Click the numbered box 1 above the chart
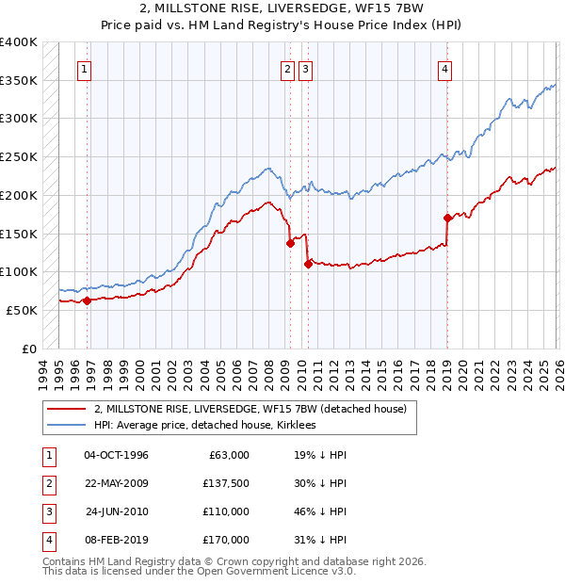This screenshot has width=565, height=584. pyautogui.click(x=85, y=68)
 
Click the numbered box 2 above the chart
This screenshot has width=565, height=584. pyautogui.click(x=286, y=68)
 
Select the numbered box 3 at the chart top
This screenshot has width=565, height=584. pyautogui.click(x=306, y=68)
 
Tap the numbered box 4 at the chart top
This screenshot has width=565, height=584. pyautogui.click(x=444, y=68)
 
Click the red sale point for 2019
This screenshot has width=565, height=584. pyautogui.click(x=446, y=218)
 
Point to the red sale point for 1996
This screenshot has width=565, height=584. pyautogui.click(x=87, y=300)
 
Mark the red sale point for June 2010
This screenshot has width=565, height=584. pyautogui.click(x=308, y=264)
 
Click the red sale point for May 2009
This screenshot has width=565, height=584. pyautogui.click(x=290, y=243)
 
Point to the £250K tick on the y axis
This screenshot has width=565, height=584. pyautogui.click(x=19, y=157)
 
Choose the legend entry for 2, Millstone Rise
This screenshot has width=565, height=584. pyautogui.click(x=250, y=409)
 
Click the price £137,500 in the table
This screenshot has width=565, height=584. pyautogui.click(x=227, y=483)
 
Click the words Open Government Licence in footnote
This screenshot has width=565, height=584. pyautogui.click(x=267, y=571)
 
